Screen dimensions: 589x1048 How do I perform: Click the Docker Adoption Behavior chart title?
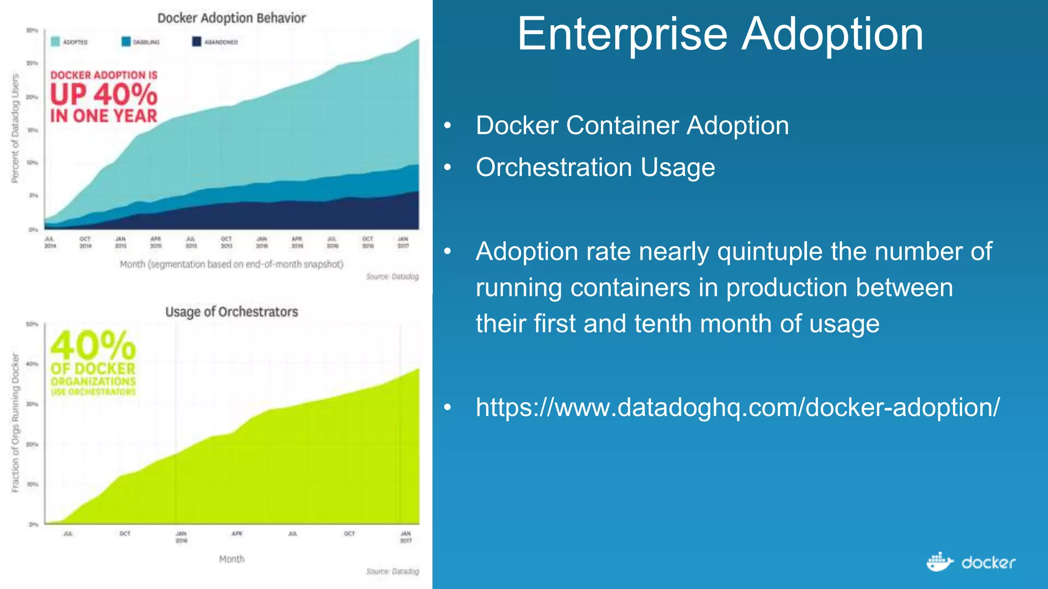(x=231, y=18)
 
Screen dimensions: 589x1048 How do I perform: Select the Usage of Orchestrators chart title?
(x=231, y=312)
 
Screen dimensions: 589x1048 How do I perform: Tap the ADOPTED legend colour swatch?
(x=55, y=42)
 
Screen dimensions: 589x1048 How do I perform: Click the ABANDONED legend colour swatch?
(x=196, y=42)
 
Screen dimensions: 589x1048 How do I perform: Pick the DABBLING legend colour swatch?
(x=126, y=42)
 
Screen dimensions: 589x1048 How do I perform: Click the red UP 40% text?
(x=104, y=95)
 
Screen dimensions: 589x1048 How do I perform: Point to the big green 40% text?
(x=93, y=346)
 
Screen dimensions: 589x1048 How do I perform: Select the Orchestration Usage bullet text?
(x=595, y=168)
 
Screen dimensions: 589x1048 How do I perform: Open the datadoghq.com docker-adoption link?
(x=737, y=407)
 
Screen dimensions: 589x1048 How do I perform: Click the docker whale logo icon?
(x=940, y=562)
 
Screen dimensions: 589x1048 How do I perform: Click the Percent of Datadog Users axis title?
(x=15, y=128)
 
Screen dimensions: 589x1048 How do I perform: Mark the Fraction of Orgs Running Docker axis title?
(x=15, y=423)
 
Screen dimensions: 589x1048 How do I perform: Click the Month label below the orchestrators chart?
(x=231, y=559)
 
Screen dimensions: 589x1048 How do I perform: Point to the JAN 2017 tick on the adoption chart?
(x=403, y=242)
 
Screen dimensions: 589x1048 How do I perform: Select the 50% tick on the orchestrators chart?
(x=32, y=324)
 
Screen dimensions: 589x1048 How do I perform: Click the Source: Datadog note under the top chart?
(x=392, y=277)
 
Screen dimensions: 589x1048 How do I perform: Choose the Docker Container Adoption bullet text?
(x=632, y=126)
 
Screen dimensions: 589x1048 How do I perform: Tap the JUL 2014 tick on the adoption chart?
(x=50, y=242)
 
